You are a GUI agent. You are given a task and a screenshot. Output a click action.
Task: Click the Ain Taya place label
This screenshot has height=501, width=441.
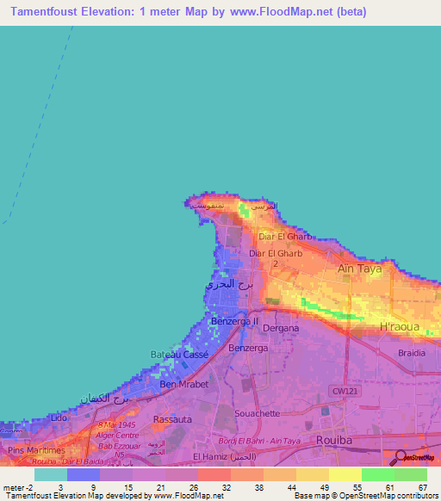(x=358, y=269)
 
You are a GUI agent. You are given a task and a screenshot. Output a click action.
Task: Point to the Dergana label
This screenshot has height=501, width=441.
(x=280, y=328)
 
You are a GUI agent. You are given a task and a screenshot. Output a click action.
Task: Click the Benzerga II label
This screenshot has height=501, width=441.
(x=235, y=320)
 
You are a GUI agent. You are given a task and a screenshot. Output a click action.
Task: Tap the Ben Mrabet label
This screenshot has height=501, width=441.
(x=184, y=385)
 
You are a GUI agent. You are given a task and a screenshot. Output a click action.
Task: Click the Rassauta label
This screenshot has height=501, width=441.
(x=171, y=419)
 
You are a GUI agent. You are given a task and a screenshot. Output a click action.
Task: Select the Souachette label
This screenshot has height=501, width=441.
(x=258, y=413)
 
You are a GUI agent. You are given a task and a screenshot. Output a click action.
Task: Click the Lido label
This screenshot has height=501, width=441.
(x=59, y=417)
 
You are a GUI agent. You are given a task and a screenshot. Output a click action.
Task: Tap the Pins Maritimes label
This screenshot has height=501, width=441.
(x=35, y=450)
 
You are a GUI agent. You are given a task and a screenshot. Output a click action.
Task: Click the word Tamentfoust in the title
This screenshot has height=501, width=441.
(x=53, y=12)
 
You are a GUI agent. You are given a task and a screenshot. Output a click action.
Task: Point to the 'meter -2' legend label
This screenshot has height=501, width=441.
(x=17, y=487)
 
